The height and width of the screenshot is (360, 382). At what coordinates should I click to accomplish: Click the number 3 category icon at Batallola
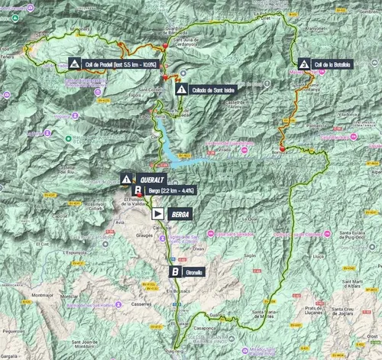tap(304, 65)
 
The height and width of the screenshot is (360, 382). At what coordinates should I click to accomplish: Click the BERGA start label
tap(182, 215)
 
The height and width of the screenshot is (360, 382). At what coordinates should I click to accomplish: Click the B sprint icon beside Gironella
tap(176, 271)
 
